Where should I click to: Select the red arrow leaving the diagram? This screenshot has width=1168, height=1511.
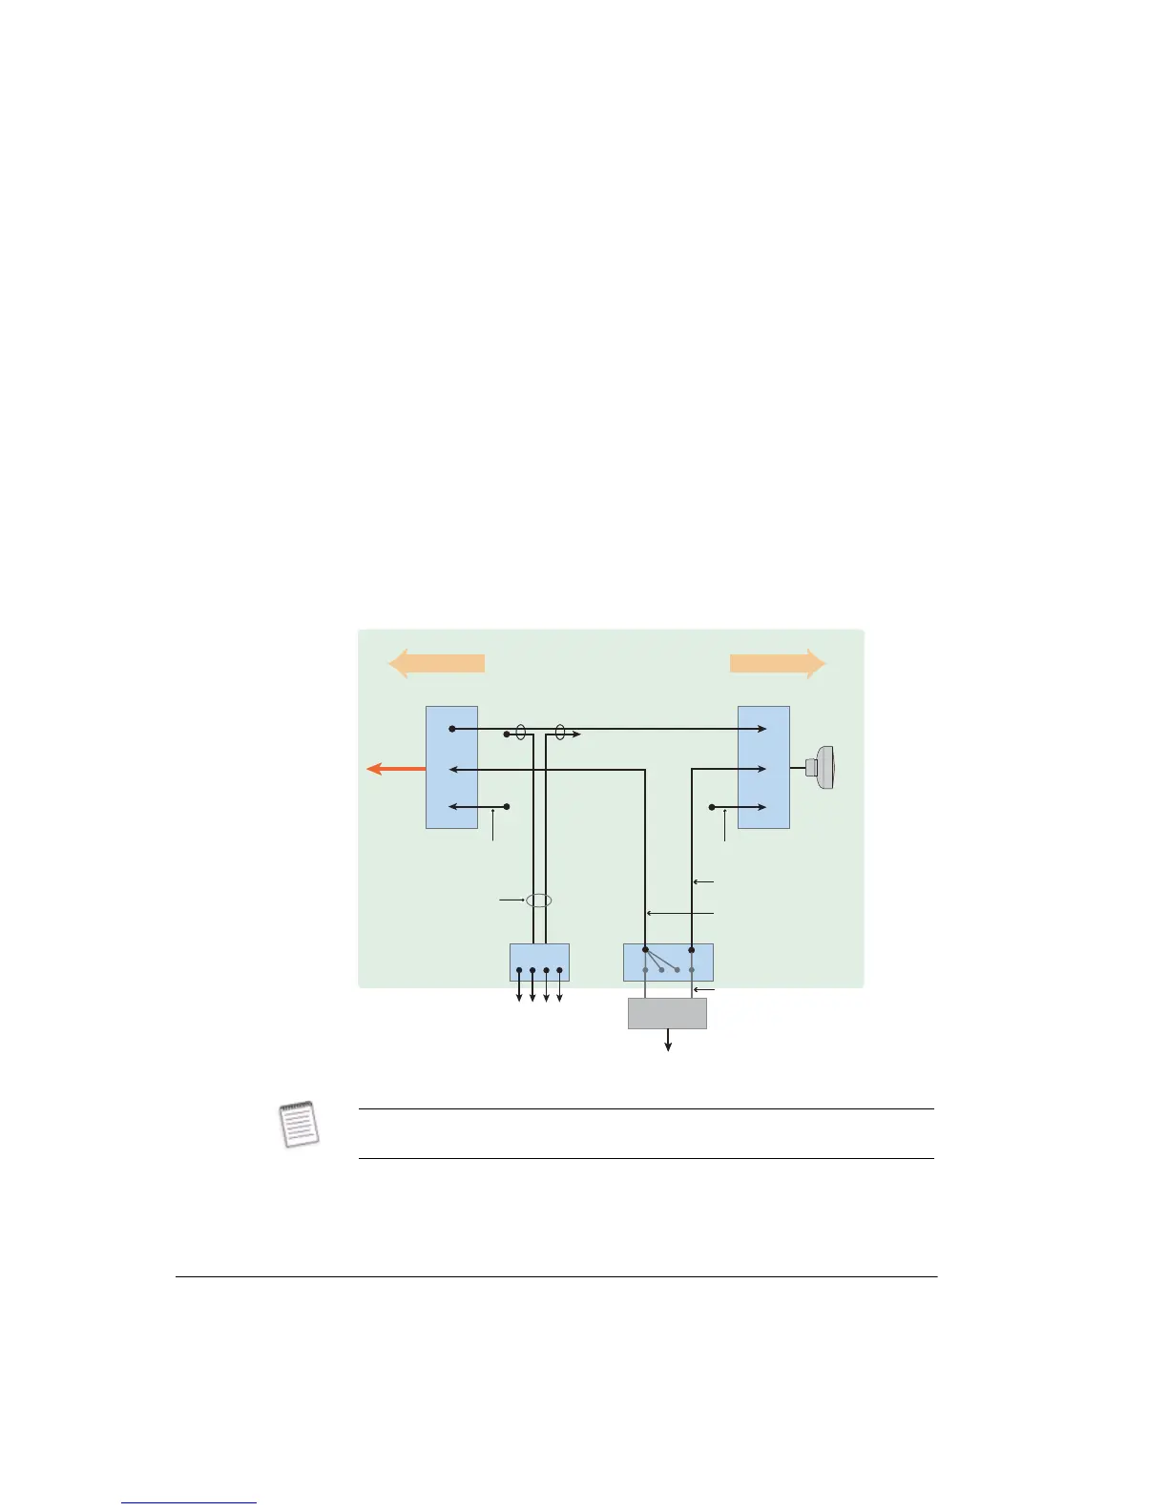click(395, 769)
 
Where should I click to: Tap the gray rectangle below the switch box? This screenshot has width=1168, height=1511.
click(667, 1013)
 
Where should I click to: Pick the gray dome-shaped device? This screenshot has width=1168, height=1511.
click(822, 768)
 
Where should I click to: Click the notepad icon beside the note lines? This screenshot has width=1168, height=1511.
click(299, 1124)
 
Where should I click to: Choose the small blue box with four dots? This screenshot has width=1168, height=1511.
click(539, 962)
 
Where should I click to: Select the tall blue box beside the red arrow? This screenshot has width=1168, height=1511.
click(451, 767)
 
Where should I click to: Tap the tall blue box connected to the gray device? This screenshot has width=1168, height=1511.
click(763, 767)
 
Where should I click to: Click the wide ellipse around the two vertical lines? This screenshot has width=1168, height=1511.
click(539, 900)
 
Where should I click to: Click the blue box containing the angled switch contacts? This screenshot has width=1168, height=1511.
click(668, 962)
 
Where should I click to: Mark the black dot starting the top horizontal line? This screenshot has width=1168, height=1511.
click(452, 729)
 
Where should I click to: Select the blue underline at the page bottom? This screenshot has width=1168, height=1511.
click(189, 1503)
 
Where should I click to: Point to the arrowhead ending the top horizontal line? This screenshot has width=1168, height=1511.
click(761, 729)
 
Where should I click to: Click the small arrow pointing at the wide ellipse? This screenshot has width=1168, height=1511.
click(512, 900)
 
